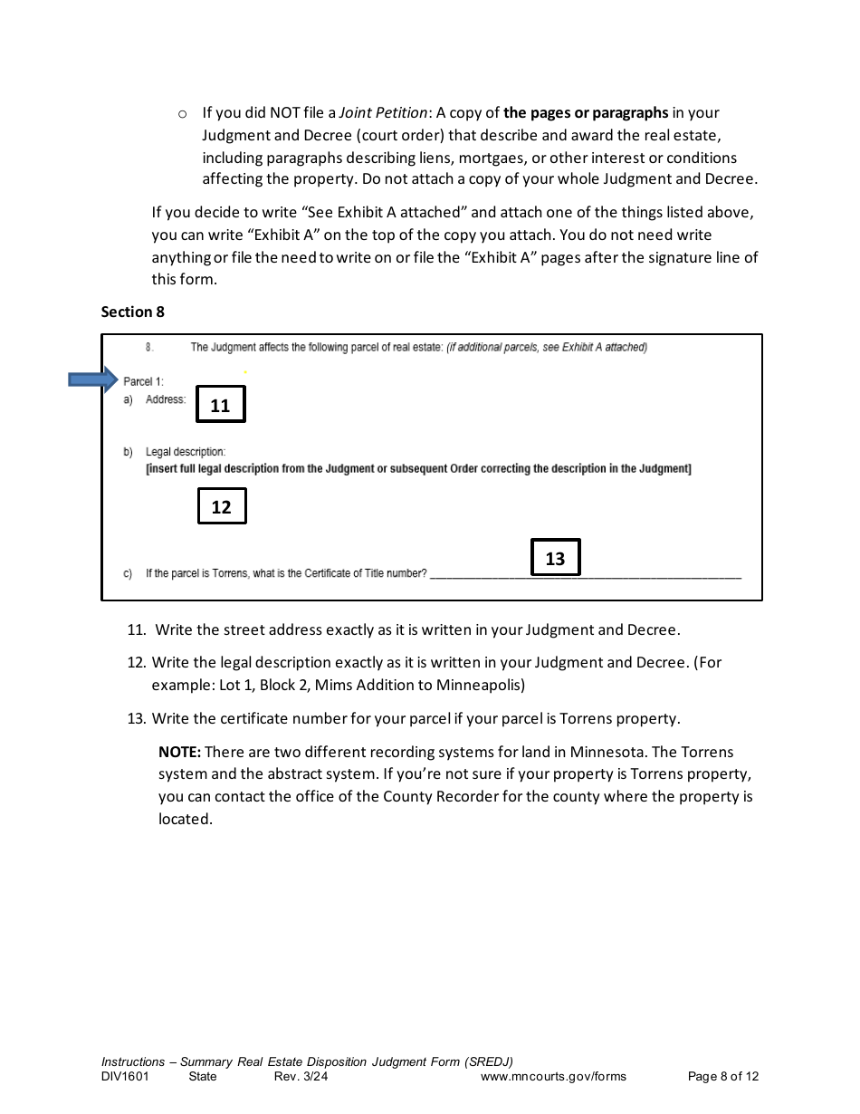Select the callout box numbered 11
[221, 406]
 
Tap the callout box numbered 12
[222, 506]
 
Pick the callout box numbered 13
[555, 559]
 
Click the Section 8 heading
[133, 312]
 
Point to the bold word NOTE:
[179, 752]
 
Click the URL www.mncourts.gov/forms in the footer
[553, 1077]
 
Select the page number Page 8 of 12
[723, 1077]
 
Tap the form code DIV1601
[125, 1077]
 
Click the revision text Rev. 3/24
[301, 1077]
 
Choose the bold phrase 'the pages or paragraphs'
[586, 113]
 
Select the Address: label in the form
[166, 399]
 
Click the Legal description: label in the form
[186, 451]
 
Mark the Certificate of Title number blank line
[585, 574]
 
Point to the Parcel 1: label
[143, 381]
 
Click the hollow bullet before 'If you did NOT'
[182, 114]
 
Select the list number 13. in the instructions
[137, 718]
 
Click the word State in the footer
[203, 1077]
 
